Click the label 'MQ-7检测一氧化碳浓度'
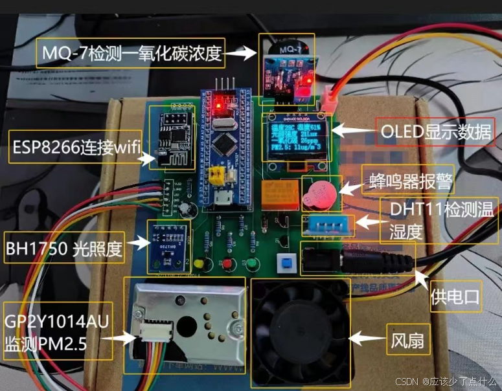[x=131, y=53]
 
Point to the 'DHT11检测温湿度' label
[x=440, y=219]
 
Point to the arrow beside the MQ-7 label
[x=242, y=54]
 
